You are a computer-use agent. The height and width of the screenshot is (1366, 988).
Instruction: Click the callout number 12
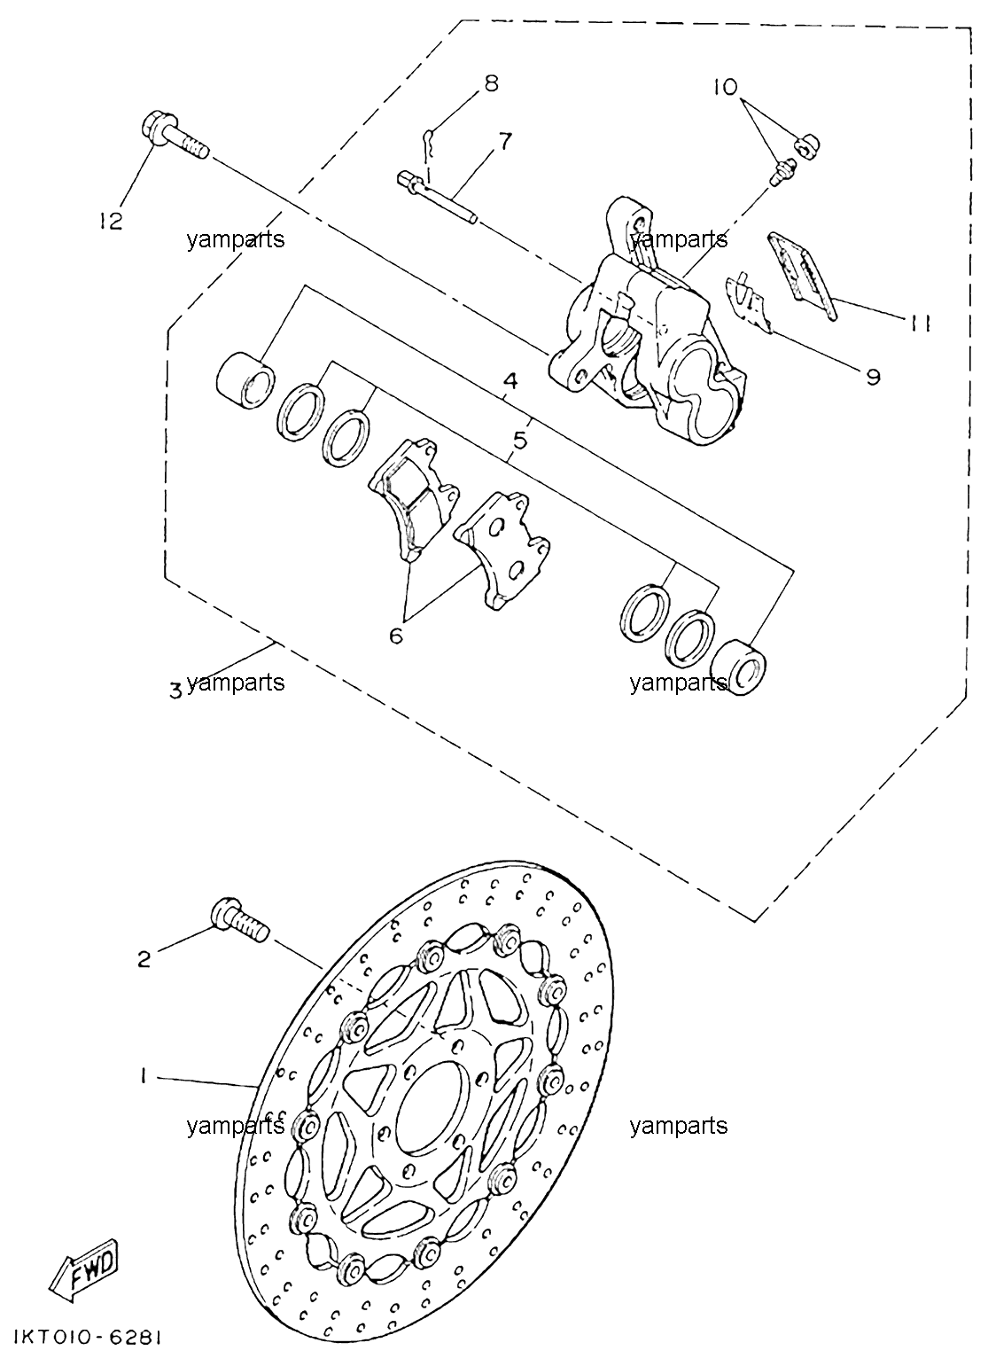[x=111, y=220]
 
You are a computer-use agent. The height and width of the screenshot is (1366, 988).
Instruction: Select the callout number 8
[x=491, y=83]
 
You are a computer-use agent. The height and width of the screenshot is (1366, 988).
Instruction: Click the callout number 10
[x=726, y=87]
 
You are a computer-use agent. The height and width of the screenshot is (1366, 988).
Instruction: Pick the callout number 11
[x=920, y=324]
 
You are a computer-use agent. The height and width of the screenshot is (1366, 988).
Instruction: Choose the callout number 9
[x=873, y=377]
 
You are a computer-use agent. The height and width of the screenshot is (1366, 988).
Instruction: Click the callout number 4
[x=510, y=381]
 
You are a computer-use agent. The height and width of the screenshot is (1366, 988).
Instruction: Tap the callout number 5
[x=519, y=441]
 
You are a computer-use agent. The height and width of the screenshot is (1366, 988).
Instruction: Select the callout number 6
[x=396, y=636]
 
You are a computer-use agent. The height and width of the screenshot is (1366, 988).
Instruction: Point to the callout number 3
[x=175, y=691]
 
